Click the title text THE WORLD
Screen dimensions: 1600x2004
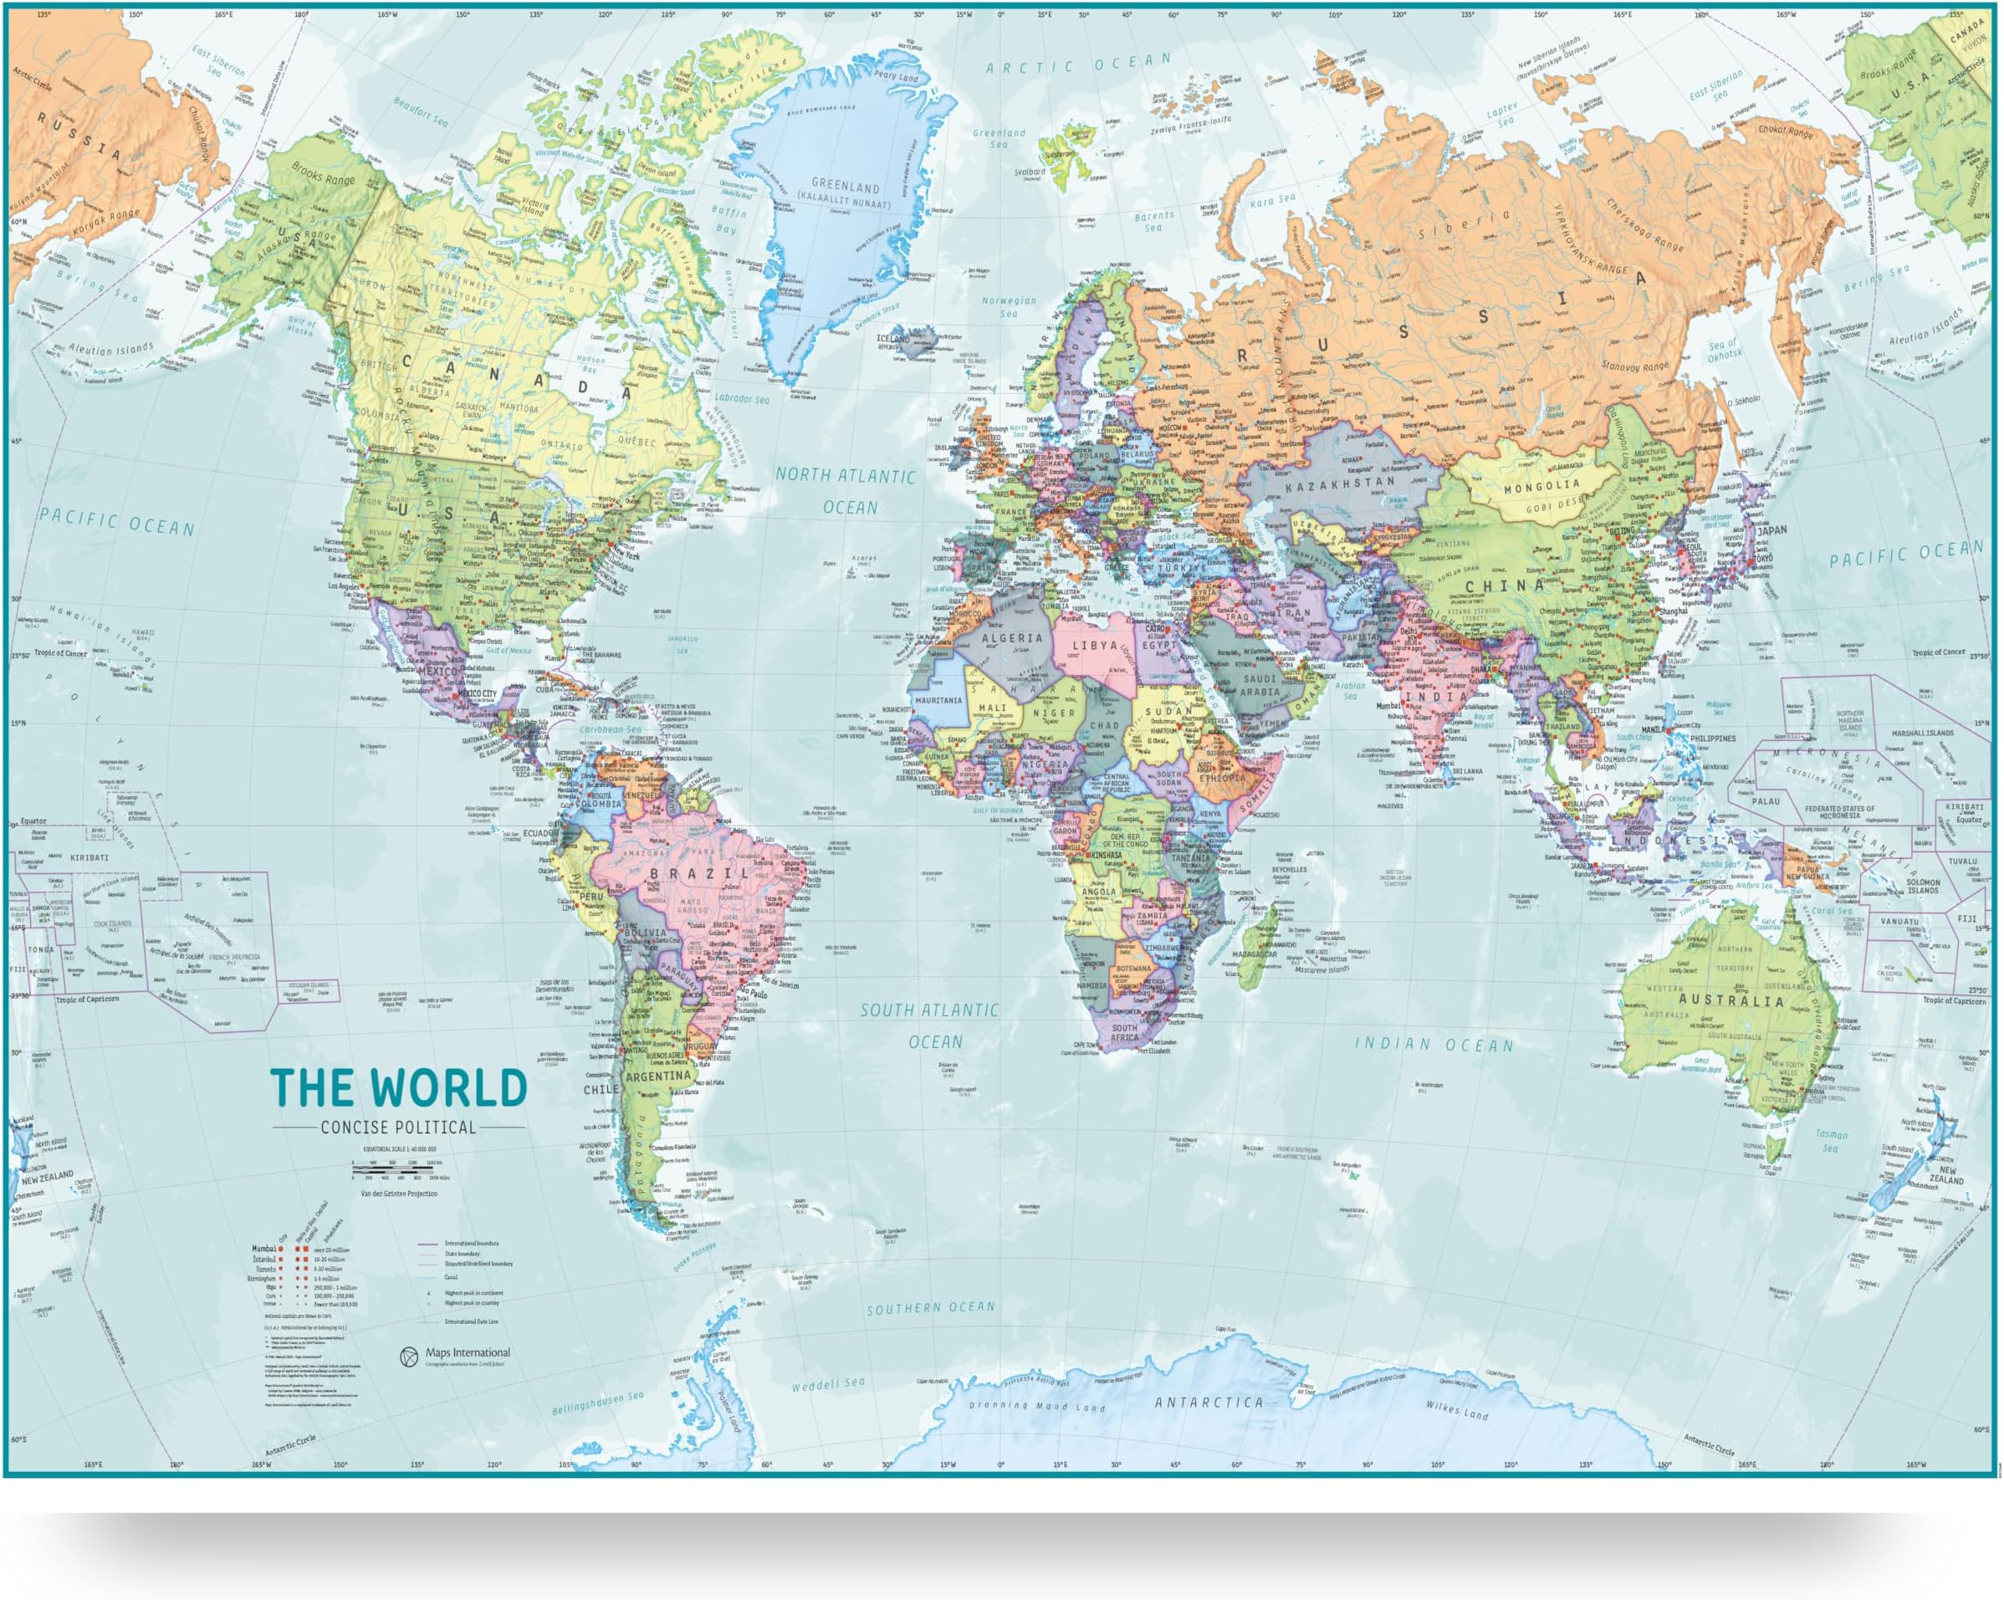coord(398,1089)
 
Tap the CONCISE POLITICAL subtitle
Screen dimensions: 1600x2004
coord(398,1127)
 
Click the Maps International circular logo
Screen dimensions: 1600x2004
coord(408,1357)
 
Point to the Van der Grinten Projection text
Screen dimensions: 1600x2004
coord(399,1194)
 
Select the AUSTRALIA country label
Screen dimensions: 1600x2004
coord(1730,1001)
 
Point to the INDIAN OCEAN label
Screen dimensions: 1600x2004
coord(1434,1045)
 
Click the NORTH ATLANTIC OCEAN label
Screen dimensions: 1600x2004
coord(846,491)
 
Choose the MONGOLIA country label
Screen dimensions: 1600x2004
coord(1541,486)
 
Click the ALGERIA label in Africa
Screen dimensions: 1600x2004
coord(1012,639)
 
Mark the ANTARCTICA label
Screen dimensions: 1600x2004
coord(1209,1403)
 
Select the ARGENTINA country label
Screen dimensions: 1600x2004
coord(658,1076)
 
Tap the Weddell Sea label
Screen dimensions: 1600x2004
coord(827,1384)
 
